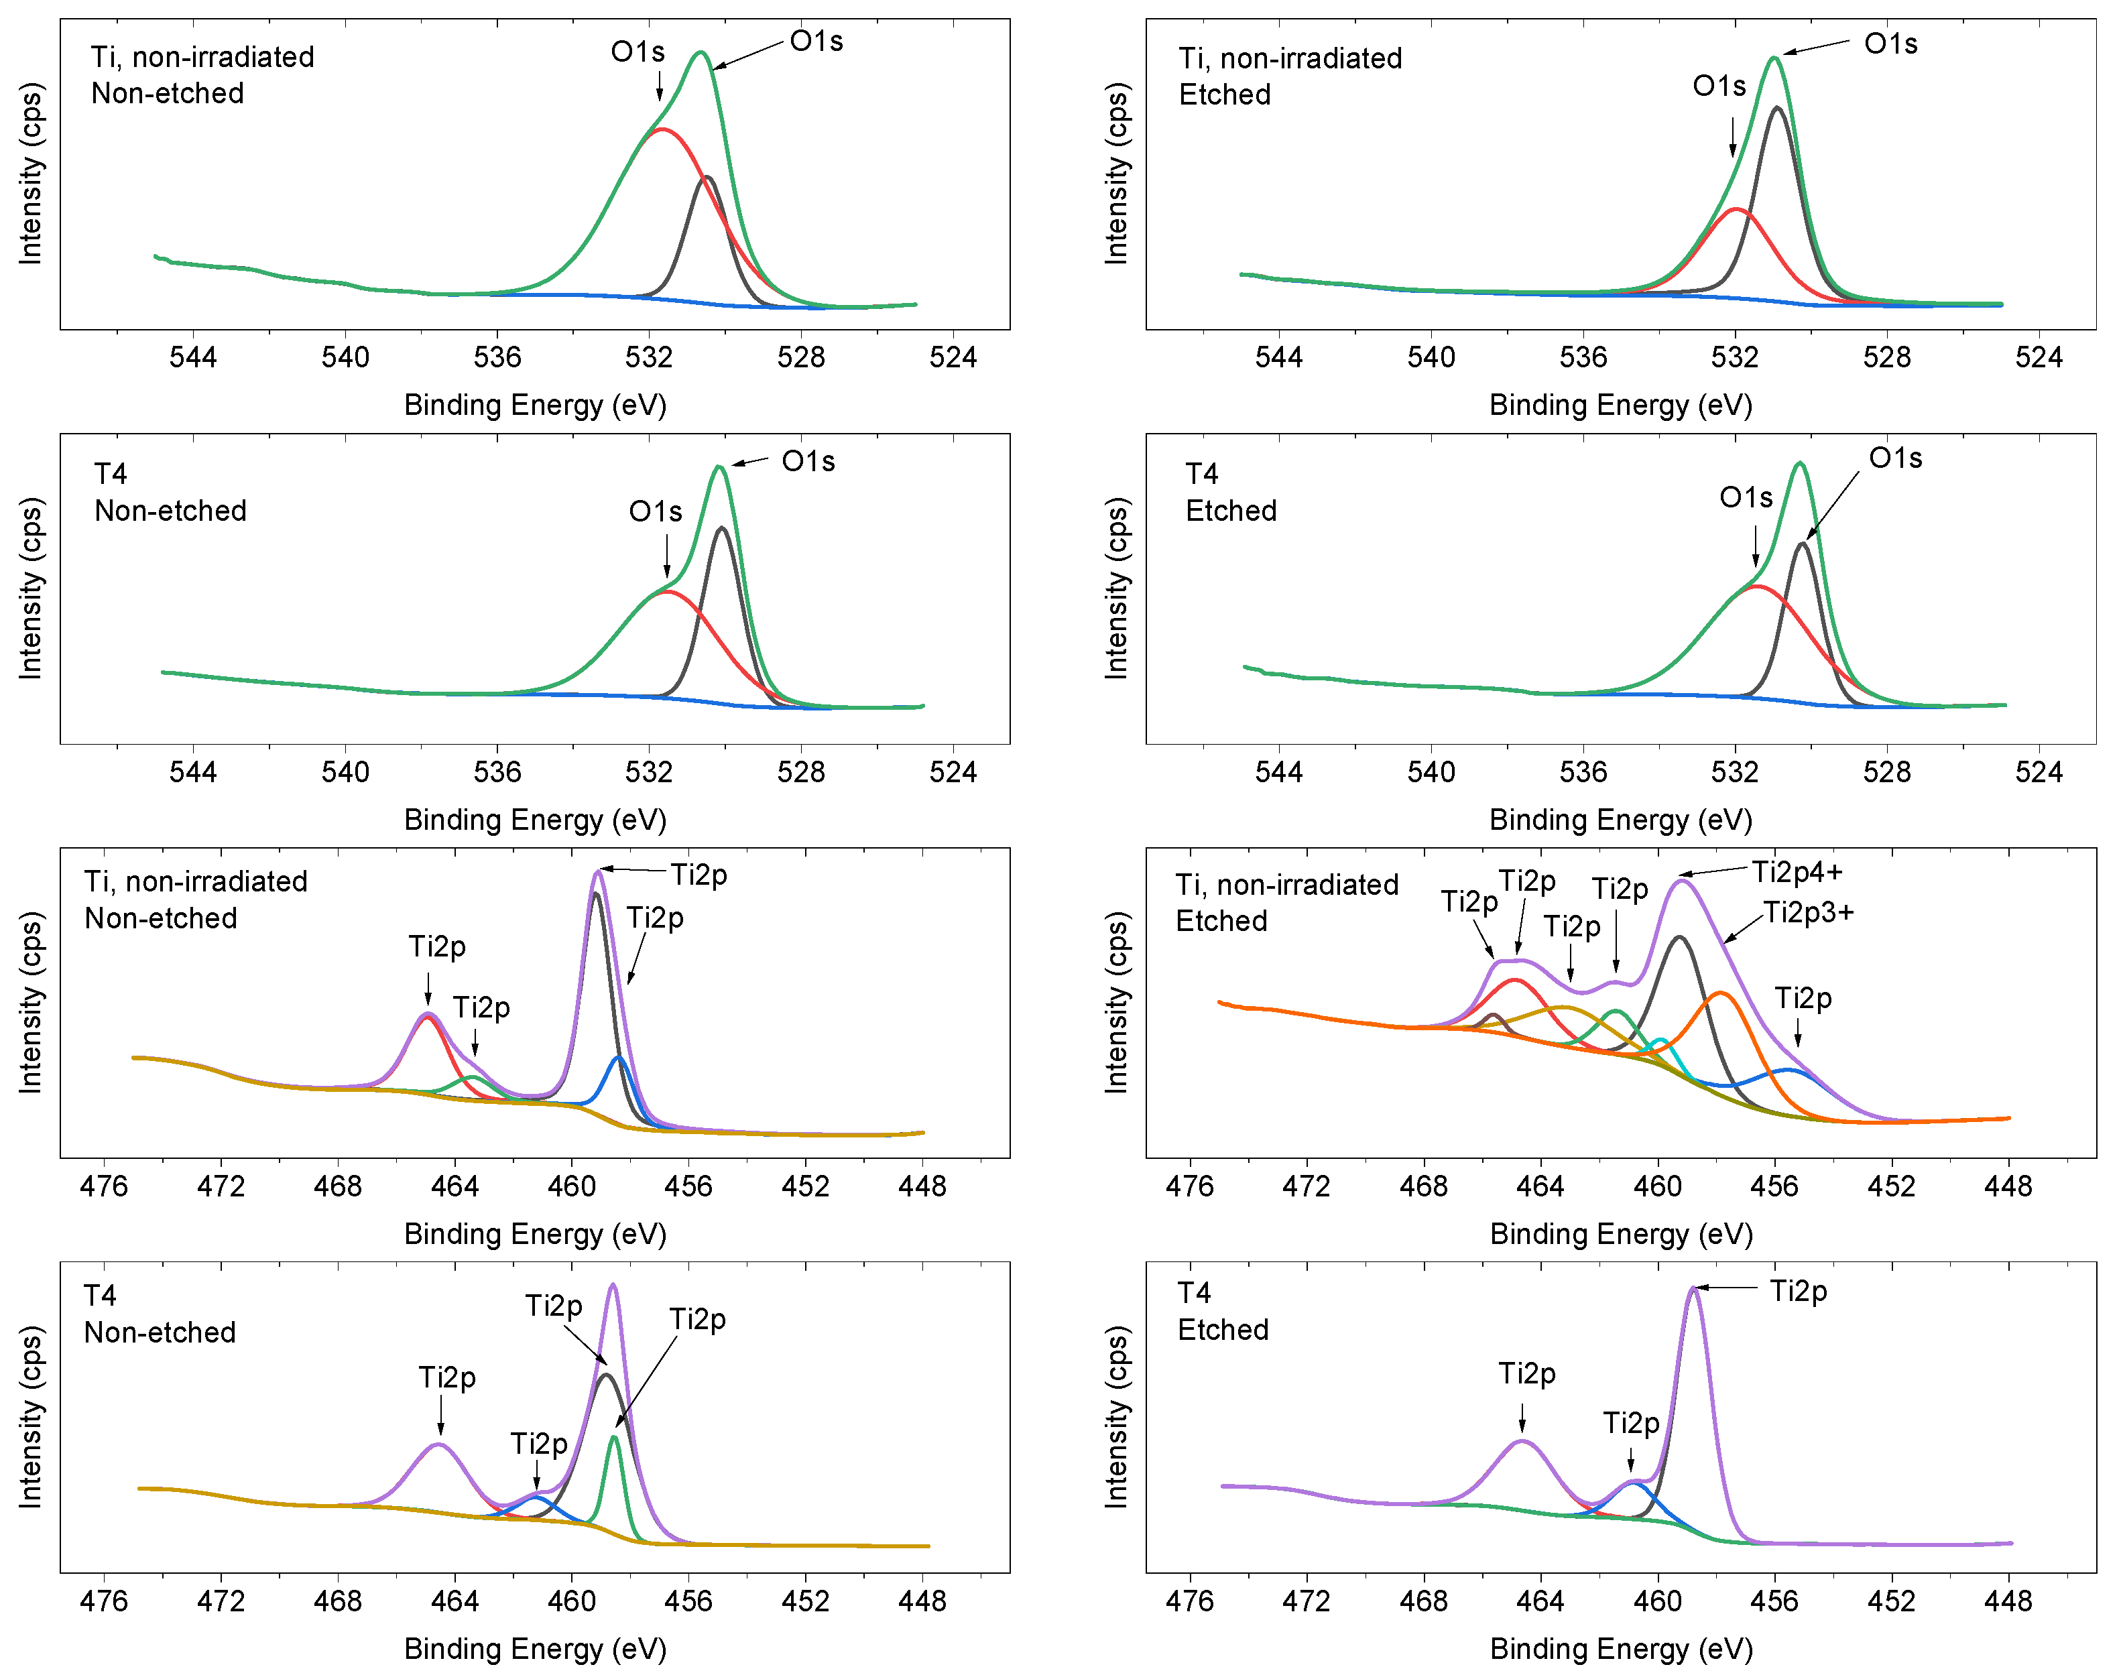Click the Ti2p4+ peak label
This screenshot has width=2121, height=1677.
click(1797, 872)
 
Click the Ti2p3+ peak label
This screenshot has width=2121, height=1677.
click(1809, 913)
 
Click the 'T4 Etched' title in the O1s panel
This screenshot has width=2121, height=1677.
click(1230, 493)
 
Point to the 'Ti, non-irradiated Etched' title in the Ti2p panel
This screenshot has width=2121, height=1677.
click(1286, 902)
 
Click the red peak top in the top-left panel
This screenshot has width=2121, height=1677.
click(664, 129)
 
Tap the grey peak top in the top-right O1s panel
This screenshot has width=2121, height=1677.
click(1777, 108)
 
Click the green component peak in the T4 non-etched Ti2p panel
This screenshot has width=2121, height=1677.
click(614, 1438)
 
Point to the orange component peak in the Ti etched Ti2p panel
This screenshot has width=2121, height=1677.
click(1719, 993)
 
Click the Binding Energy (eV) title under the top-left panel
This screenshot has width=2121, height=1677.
click(535, 405)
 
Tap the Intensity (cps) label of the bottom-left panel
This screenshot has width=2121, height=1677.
click(30, 1417)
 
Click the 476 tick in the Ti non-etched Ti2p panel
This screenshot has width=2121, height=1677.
click(104, 1186)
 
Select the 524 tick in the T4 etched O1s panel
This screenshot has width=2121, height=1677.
click(2039, 771)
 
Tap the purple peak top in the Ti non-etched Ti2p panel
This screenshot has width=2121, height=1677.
click(598, 872)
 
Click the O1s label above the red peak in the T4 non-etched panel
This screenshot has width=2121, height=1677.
click(655, 511)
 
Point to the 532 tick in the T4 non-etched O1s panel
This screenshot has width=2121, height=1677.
click(649, 771)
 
